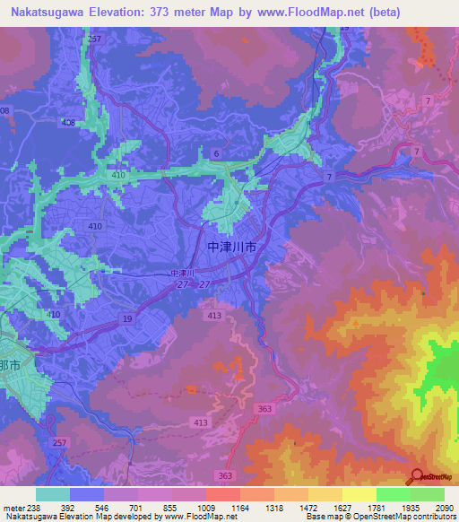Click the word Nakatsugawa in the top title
click(x=43, y=12)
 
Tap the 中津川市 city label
click(x=231, y=245)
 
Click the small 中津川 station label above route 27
click(x=182, y=273)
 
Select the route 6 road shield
click(x=216, y=154)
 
